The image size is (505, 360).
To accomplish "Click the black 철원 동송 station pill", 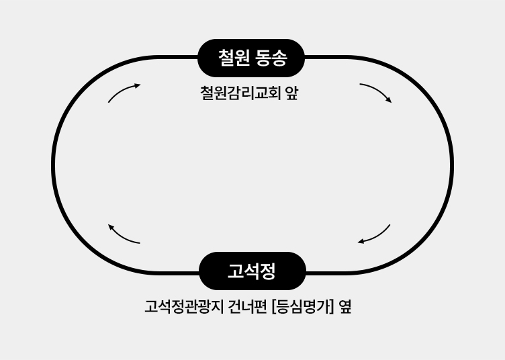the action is (x=251, y=58).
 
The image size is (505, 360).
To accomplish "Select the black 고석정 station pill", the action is (x=252, y=271).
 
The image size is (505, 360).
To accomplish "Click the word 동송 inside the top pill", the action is (x=271, y=58).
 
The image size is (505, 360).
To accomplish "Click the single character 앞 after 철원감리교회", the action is (x=291, y=93).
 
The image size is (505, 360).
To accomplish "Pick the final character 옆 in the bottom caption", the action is (x=345, y=307).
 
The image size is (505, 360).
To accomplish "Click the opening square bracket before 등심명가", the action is (x=275, y=307).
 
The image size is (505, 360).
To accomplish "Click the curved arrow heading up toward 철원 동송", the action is (x=124, y=92).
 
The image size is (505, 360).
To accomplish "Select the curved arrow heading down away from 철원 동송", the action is (x=376, y=92).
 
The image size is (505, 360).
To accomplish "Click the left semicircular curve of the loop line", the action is (x=54, y=165).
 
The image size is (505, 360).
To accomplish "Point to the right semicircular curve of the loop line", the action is (x=451, y=165).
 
